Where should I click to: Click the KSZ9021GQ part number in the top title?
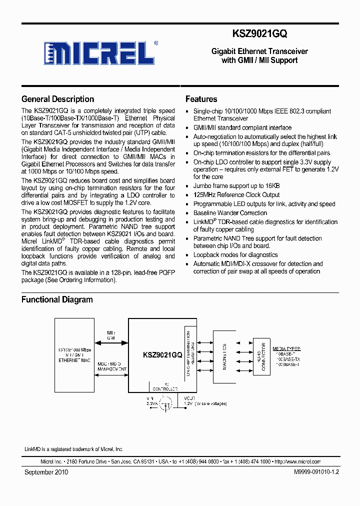260,33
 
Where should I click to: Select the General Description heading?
57,99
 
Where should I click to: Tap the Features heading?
201,99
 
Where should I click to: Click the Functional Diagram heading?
57,299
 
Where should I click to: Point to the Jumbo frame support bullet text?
236,186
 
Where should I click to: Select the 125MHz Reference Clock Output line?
236,195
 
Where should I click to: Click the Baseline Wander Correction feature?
230,213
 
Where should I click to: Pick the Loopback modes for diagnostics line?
235,255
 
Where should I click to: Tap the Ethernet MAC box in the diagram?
75,355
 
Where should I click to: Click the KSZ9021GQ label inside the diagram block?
162,355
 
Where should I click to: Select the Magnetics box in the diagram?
224,355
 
